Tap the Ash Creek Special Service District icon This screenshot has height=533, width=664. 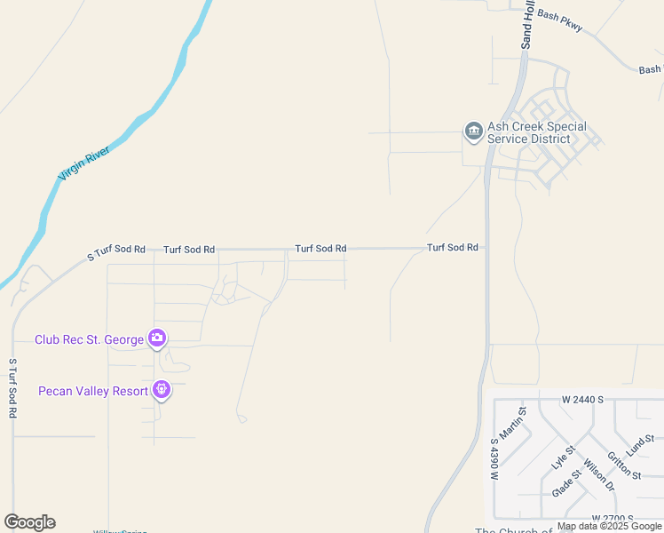(x=473, y=132)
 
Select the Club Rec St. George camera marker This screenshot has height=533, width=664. (x=157, y=338)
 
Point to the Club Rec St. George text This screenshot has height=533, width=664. (x=89, y=339)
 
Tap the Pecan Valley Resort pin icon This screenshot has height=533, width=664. (x=161, y=389)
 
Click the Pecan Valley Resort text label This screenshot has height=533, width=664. (x=93, y=391)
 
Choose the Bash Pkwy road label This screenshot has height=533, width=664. (x=560, y=21)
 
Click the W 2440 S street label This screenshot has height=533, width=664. (x=582, y=400)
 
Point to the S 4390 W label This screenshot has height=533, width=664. (x=494, y=458)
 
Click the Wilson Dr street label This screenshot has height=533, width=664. (x=599, y=475)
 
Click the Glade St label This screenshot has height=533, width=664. (x=565, y=483)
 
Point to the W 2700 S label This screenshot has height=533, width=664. (x=612, y=518)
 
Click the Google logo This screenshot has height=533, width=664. (x=29, y=522)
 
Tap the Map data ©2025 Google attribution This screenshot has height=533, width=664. (x=610, y=527)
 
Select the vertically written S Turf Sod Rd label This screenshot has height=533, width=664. (x=12, y=388)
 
